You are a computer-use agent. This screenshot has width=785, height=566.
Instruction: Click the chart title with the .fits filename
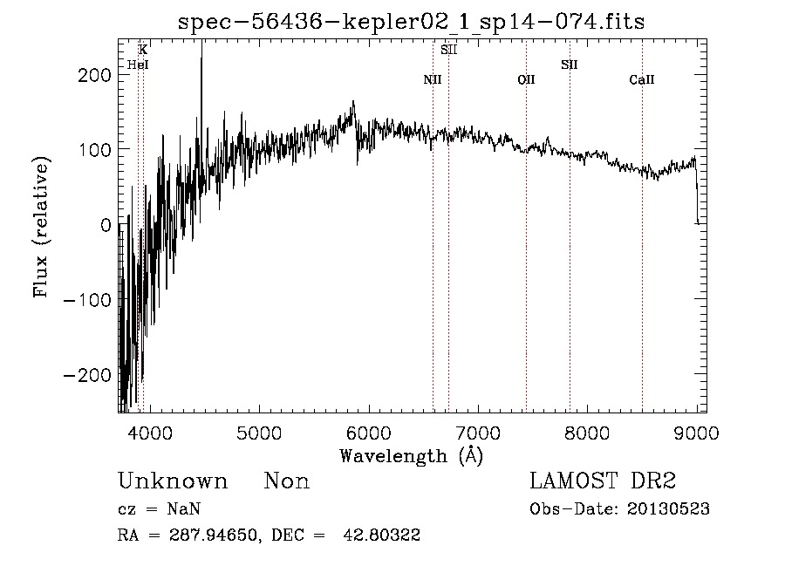click(x=411, y=22)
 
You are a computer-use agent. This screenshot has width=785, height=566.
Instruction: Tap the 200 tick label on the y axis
click(x=94, y=76)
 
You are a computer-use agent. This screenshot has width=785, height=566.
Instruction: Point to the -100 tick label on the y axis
click(x=87, y=300)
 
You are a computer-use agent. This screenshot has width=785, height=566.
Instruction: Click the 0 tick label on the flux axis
click(x=106, y=225)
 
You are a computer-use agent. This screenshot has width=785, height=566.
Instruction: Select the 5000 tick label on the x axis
click(x=259, y=433)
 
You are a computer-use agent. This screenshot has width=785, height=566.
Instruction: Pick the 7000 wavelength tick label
click(x=478, y=433)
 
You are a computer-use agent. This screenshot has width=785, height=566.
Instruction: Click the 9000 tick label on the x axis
click(x=696, y=433)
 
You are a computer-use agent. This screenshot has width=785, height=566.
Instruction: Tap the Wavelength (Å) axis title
click(x=412, y=456)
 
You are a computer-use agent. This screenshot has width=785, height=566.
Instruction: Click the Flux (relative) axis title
click(x=41, y=227)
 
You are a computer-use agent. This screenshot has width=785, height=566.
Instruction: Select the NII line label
click(x=433, y=79)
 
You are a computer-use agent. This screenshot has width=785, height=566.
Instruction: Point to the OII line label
click(x=526, y=79)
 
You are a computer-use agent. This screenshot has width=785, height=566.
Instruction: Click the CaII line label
click(x=642, y=79)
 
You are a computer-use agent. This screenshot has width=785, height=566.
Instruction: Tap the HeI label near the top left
click(x=138, y=65)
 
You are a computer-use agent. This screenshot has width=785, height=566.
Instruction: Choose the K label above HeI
click(x=143, y=50)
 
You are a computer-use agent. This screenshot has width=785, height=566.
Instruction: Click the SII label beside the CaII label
click(x=570, y=65)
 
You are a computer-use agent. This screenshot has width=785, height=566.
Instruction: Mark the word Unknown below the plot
click(x=173, y=481)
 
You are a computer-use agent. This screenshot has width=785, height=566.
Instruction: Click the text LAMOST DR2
click(x=603, y=481)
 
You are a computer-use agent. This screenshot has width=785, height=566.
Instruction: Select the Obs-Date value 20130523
click(x=668, y=509)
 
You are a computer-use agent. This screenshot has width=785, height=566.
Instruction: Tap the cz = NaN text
click(x=160, y=509)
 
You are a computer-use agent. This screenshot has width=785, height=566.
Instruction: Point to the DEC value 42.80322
click(x=381, y=535)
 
